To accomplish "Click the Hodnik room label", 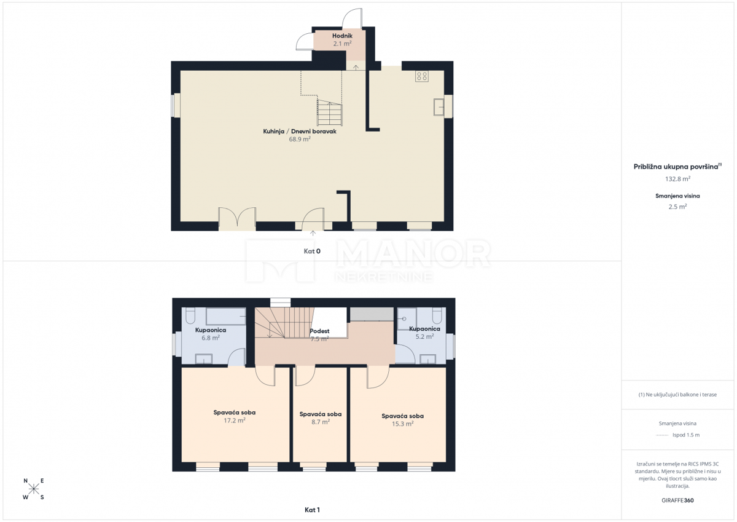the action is pos(342,36).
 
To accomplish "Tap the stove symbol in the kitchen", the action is pos(421,76).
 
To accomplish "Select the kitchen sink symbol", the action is pos(439,107).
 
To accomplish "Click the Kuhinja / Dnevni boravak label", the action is pos(300,132).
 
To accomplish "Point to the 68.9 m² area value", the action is pos(300,139).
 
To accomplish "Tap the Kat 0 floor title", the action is pos(312,251).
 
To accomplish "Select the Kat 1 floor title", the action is pos(312,510).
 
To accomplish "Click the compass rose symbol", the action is pos(34,489).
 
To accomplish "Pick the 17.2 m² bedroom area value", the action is pos(234,421).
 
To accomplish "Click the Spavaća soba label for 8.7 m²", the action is pos(321,414).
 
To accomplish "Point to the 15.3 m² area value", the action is pos(402,424).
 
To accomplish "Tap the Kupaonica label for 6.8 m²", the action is pos(211,330).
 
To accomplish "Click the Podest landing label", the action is pos(319,331).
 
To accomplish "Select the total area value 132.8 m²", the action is pos(678,179).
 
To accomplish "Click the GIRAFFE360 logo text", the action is pos(677,500).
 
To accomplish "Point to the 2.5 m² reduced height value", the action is pos(677,207).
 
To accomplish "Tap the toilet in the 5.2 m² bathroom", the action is pos(437,315).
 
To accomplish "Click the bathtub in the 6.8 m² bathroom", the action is pos(226,317).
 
